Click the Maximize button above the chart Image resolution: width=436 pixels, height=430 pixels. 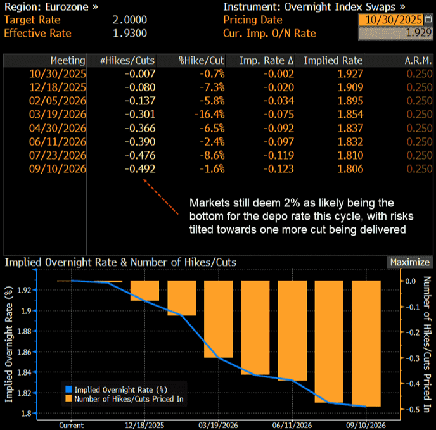pos(409,262)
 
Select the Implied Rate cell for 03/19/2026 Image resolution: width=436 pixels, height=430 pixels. pos(350,115)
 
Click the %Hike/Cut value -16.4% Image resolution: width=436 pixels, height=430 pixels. pos(211,115)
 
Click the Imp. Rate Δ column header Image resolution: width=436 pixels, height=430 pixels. pos(266,61)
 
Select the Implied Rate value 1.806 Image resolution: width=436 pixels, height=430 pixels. pos(350,168)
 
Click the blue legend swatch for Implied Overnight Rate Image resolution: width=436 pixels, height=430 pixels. pos(68,389)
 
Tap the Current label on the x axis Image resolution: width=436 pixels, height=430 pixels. pos(71,425)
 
